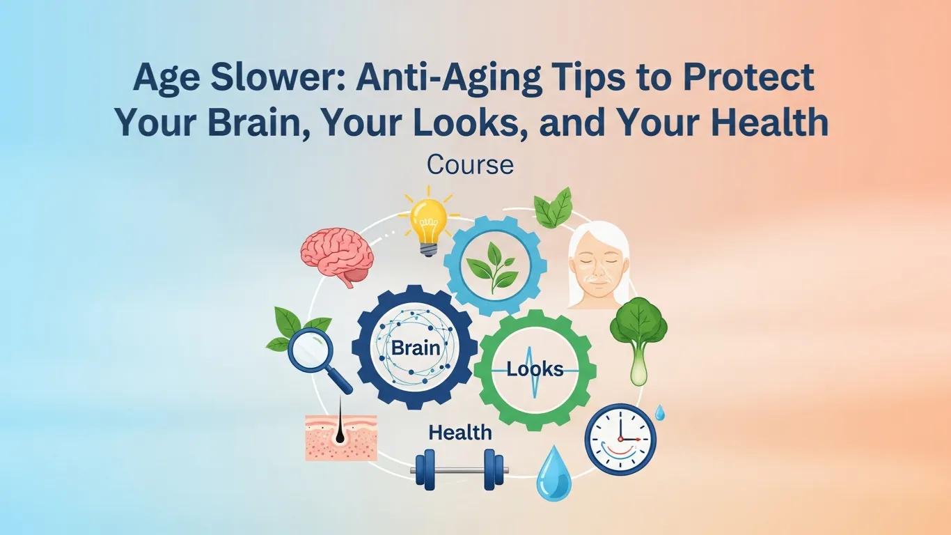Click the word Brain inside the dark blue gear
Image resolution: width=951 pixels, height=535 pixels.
[x=416, y=348]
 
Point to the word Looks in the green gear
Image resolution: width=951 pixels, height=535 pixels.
[x=535, y=369]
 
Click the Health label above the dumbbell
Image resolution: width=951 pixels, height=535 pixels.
[x=460, y=433]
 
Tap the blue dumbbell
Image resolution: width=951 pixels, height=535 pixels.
[x=459, y=470]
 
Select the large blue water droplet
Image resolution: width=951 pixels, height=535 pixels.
[x=554, y=472]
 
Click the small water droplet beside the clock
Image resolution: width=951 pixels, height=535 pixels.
[x=659, y=412]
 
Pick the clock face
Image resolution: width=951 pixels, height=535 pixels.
[x=620, y=440]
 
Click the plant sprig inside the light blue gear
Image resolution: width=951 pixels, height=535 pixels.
[x=492, y=267]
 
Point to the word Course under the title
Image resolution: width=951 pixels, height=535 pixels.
[x=470, y=165]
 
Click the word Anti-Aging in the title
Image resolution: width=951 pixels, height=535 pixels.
[x=449, y=78]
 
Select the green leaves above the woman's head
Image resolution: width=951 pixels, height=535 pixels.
[x=553, y=208]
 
